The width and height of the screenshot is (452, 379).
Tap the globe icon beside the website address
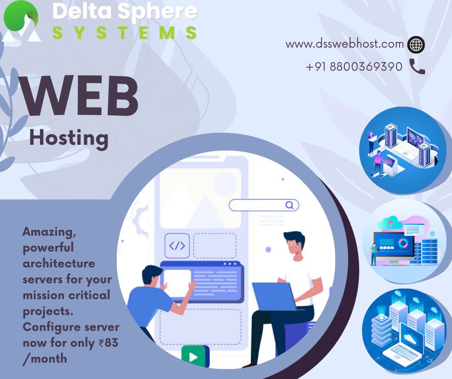(416, 45)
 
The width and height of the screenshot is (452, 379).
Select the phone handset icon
(417, 66)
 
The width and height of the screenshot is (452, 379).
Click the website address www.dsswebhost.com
(344, 44)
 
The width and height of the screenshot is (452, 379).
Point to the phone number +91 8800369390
(354, 67)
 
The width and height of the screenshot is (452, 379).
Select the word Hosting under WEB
(69, 138)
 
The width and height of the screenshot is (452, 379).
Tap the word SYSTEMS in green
(125, 33)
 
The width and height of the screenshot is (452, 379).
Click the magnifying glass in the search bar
(289, 205)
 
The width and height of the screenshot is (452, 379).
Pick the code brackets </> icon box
(177, 246)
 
